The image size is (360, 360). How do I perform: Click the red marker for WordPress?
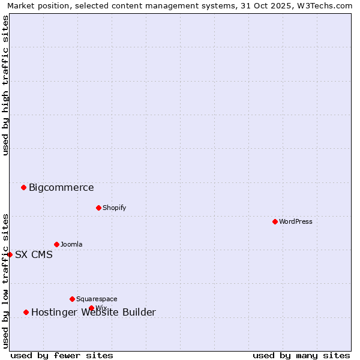(x=275, y=221)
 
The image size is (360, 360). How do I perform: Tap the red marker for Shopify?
(x=98, y=208)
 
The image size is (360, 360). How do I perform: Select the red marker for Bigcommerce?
(x=23, y=187)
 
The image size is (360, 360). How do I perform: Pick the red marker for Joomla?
(x=56, y=244)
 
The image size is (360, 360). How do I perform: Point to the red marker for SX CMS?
(x=10, y=254)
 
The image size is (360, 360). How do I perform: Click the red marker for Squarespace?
(x=72, y=299)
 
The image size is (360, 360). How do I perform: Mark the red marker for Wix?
(x=91, y=308)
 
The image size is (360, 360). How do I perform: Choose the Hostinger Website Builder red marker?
(x=26, y=312)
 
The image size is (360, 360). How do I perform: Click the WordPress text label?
(x=296, y=221)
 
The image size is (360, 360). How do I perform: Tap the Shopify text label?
(x=114, y=208)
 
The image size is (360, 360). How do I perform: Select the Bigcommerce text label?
(x=61, y=187)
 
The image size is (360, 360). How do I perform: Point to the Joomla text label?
(x=71, y=244)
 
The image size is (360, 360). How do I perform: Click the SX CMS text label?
(x=34, y=254)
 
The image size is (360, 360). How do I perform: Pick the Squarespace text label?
(x=97, y=299)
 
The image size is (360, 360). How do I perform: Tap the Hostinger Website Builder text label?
(x=93, y=312)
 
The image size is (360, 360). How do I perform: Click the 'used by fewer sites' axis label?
(x=62, y=355)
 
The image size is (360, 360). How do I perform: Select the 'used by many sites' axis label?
(x=301, y=355)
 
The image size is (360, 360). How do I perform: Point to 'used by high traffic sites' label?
(x=5, y=85)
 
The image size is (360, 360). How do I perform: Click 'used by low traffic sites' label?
(x=5, y=281)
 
